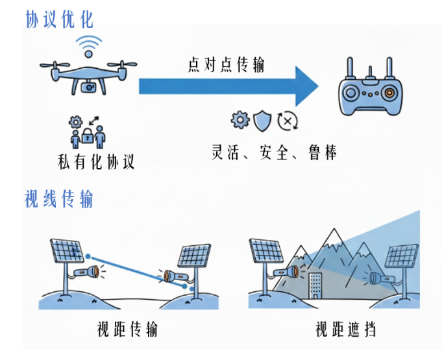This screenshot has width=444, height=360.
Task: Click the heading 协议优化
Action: pos(59,19)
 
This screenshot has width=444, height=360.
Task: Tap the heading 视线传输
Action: pos(59,198)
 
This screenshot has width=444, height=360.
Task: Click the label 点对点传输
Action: pos(226,65)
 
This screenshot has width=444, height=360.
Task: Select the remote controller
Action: pos(368,91)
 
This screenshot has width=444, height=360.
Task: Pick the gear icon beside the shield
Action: pos(240,119)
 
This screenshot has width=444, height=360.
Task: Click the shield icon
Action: pos(262,120)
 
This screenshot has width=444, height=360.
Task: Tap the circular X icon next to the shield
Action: pos(286,121)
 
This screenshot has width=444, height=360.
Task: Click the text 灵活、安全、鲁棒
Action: pos(274,152)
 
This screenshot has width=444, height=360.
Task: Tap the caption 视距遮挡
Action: pos(345,330)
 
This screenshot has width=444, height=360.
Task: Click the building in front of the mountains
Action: pos(315,285)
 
